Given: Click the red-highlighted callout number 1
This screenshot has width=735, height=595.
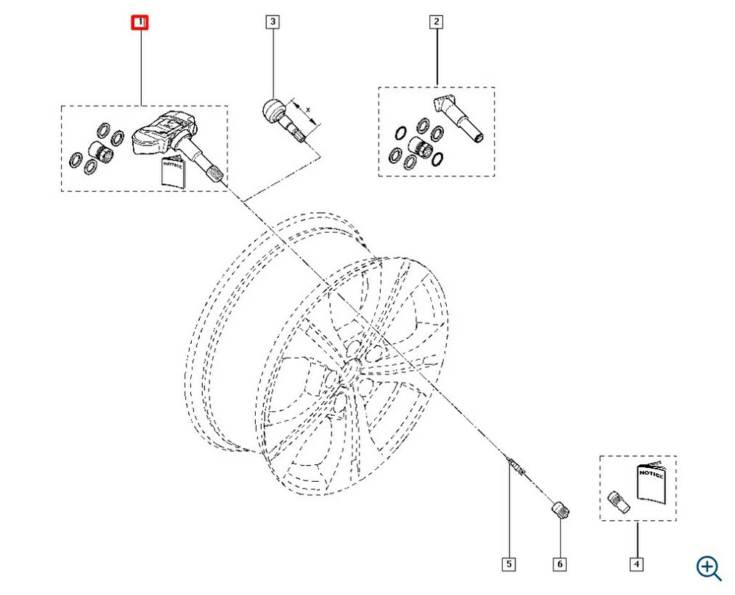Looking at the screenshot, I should (140, 23).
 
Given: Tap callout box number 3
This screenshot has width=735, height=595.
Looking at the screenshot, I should (273, 23).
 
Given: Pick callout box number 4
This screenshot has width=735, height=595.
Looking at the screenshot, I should (637, 564).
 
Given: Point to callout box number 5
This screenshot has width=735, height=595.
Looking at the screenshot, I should (509, 564).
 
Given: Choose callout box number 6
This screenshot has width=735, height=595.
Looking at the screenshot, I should (560, 564).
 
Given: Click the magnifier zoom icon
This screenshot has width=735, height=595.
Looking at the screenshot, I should (709, 566).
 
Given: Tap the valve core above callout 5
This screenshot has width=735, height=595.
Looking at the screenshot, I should (514, 465).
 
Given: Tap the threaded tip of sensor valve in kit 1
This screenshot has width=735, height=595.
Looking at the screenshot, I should (217, 175).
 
